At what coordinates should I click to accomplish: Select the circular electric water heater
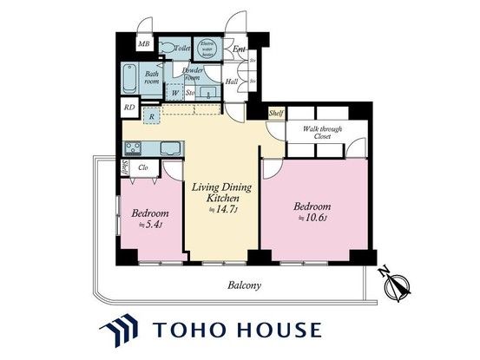208,48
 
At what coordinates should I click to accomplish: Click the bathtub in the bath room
129,81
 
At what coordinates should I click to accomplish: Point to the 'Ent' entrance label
240,49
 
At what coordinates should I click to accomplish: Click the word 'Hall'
232,82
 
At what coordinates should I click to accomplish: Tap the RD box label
128,108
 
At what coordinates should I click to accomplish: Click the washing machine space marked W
174,92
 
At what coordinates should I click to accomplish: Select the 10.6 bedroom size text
310,218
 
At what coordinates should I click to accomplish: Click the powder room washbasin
207,93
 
